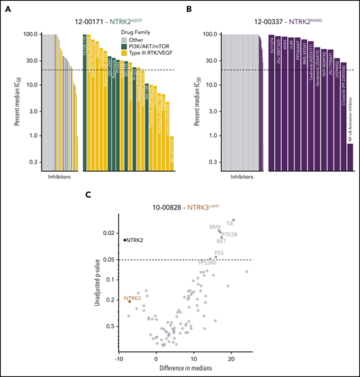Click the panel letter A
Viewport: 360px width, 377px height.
tap(7, 8)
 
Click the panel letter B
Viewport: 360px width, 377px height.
tap(188, 8)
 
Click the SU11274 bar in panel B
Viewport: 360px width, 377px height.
tap(271, 93)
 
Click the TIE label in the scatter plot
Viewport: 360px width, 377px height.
tap(231, 223)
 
